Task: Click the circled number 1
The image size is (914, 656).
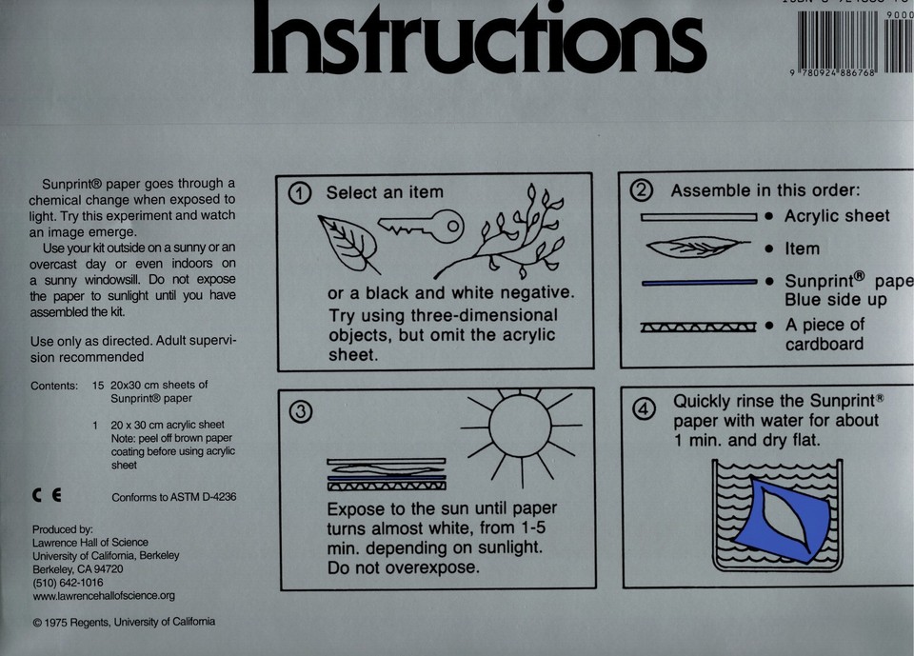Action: pyautogui.click(x=300, y=193)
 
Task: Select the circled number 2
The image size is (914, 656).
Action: pyautogui.click(x=643, y=190)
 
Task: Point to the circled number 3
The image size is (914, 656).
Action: pyautogui.click(x=300, y=412)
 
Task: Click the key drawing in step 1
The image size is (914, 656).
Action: pyautogui.click(x=420, y=226)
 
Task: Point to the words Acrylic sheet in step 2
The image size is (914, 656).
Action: pyautogui.click(x=837, y=216)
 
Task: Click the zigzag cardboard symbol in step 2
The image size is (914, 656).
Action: pyautogui.click(x=699, y=328)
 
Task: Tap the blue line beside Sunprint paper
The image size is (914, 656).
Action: pyautogui.click(x=699, y=283)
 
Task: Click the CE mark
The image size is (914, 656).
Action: pyautogui.click(x=46, y=496)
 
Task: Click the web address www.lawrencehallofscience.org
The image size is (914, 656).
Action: pyautogui.click(x=104, y=596)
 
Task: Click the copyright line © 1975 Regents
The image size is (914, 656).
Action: pyautogui.click(x=124, y=622)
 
